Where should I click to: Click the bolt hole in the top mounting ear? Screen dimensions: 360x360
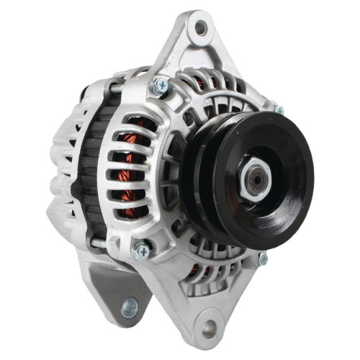[x=201, y=28]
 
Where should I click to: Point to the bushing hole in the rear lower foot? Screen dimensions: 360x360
[x=130, y=308]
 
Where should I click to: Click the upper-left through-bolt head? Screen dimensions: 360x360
[x=159, y=87]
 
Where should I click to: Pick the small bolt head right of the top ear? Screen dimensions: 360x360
[x=279, y=110]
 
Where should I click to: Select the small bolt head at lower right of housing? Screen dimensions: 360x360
[x=263, y=258]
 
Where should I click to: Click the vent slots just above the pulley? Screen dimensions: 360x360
[x=216, y=90]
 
